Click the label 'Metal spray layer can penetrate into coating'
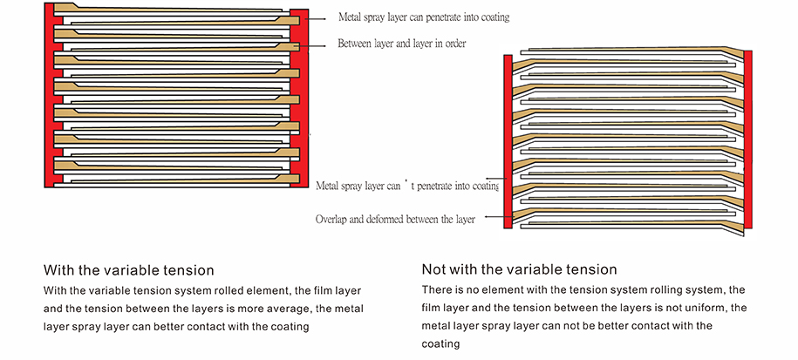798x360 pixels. (x=423, y=17)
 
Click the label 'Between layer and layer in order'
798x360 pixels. (x=401, y=44)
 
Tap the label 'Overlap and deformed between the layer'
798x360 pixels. (x=395, y=220)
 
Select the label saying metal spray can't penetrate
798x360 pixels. (x=406, y=186)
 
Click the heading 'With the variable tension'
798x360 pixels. (x=128, y=270)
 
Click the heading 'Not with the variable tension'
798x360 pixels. (x=519, y=269)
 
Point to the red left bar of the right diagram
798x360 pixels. (x=508, y=139)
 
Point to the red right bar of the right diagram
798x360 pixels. (x=747, y=139)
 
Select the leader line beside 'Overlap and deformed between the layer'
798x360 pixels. (x=490, y=218)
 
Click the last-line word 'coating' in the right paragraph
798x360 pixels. (x=440, y=344)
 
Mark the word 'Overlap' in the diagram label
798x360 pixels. (x=332, y=220)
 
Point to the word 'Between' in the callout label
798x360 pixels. (x=354, y=44)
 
